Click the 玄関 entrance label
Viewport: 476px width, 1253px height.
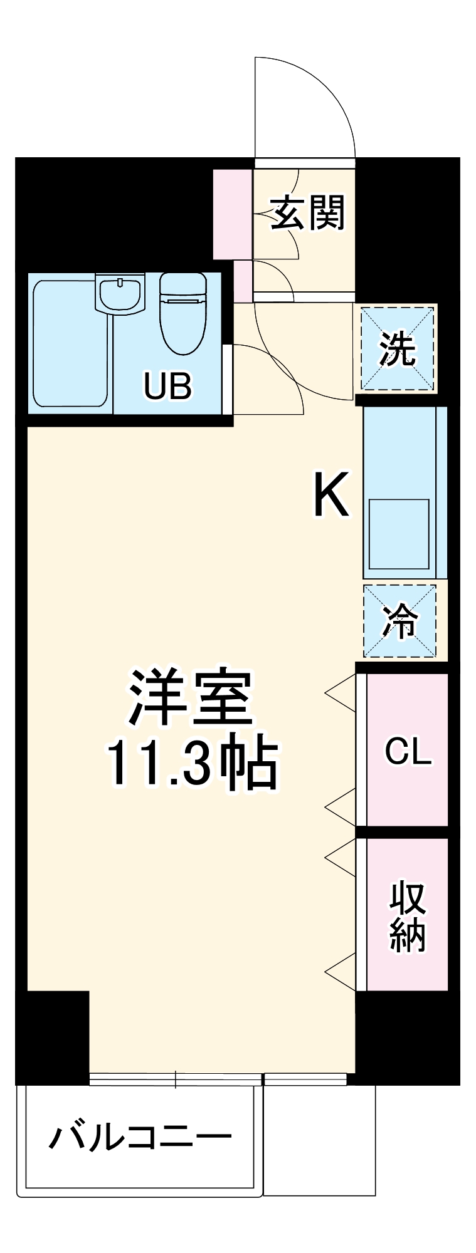pos(307,212)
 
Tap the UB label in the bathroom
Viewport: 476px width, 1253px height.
pos(167,386)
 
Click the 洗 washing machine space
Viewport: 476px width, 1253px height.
pos(397,348)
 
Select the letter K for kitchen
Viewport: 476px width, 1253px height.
pos(331,494)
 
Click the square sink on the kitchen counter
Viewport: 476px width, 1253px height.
pos(399,533)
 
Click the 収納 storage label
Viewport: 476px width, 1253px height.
pos(408,916)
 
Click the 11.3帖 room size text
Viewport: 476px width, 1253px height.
pos(192,764)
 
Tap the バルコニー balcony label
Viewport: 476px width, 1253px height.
pos(140,1137)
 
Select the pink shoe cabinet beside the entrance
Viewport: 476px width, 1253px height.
pos(232,214)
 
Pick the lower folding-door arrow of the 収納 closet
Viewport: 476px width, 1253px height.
pos(341,972)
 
